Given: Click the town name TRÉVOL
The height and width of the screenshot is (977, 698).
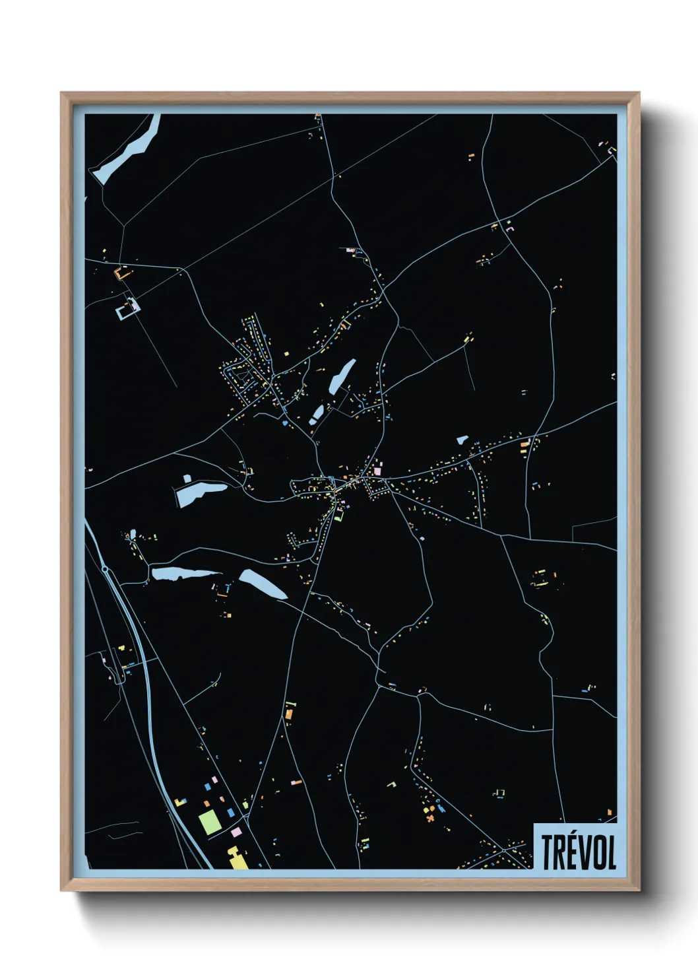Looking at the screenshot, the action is point(579,852).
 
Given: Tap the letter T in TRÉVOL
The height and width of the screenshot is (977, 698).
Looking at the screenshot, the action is point(548,852).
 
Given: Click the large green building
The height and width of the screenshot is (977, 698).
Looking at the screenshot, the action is point(210,821).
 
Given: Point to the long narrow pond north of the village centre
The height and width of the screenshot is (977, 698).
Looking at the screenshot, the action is point(342,375).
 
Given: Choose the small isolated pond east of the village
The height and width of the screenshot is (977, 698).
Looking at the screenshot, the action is point(462,439).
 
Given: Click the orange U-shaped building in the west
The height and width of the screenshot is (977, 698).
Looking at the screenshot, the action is point(123,272).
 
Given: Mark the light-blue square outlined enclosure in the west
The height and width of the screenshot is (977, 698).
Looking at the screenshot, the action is point(128,308).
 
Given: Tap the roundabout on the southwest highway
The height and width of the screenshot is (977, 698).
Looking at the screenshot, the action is point(105,568).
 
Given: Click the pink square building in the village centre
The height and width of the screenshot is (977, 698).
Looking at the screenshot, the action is point(378,471).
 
